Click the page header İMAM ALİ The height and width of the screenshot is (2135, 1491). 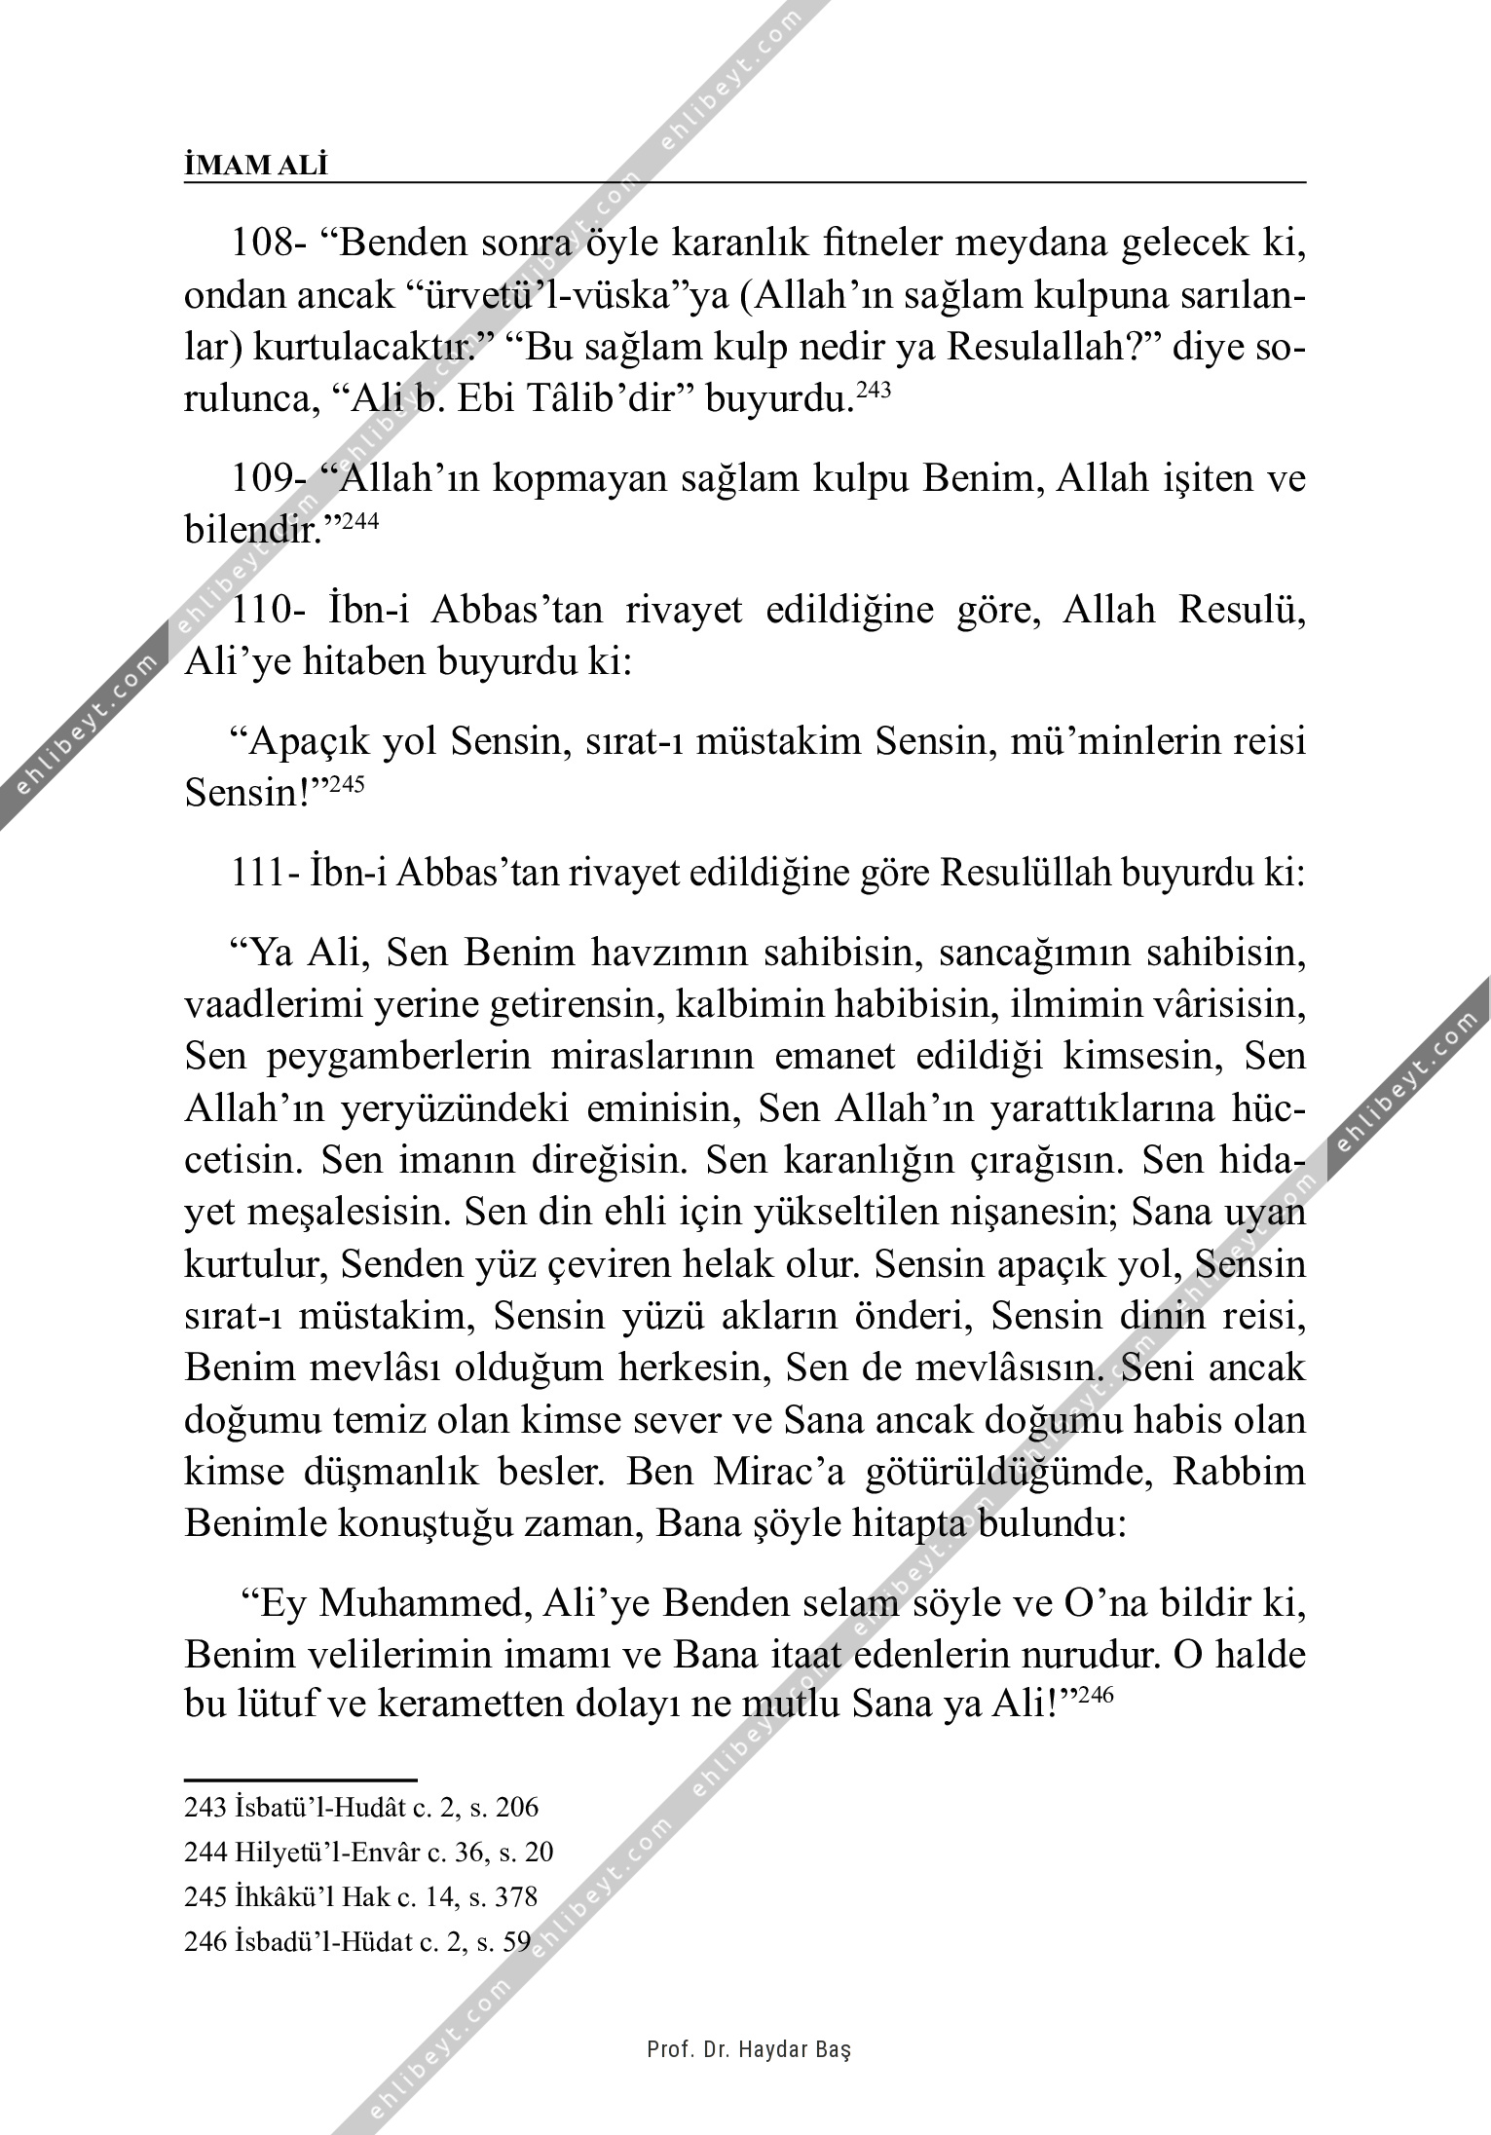tap(256, 167)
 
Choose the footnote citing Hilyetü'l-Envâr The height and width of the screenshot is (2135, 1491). tap(369, 1853)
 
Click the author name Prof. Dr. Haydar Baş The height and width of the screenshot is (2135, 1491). tap(749, 2050)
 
